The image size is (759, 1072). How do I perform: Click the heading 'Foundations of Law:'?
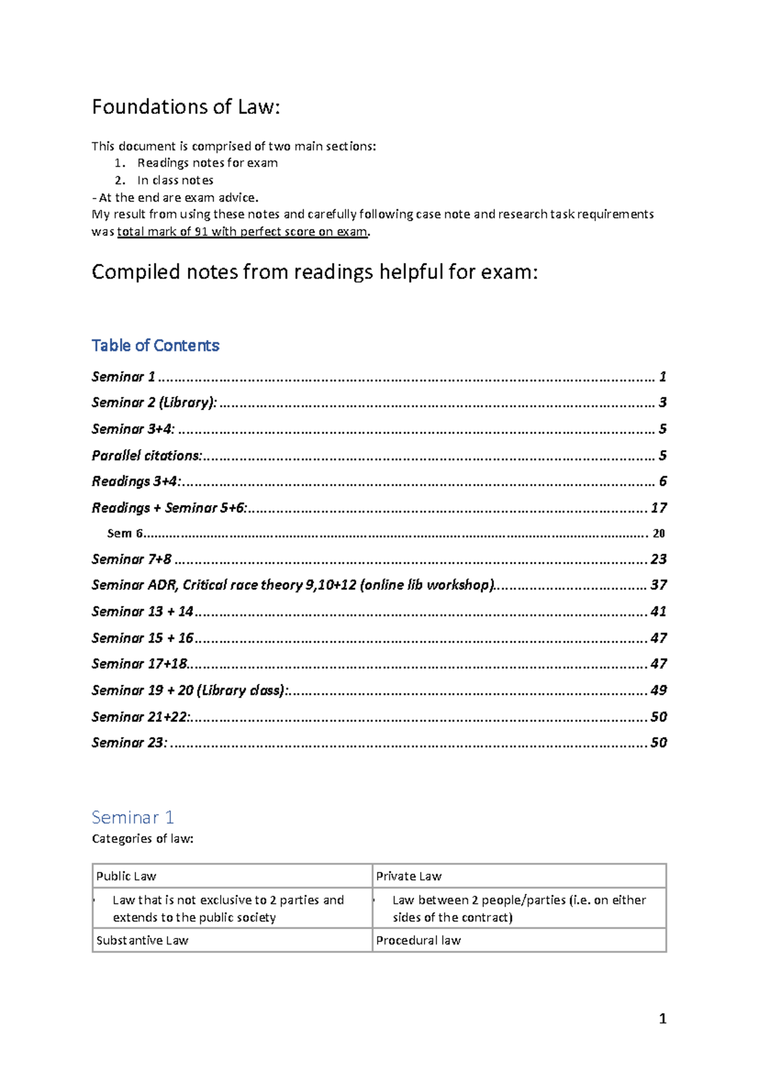click(185, 107)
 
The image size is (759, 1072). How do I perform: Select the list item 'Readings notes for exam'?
click(207, 163)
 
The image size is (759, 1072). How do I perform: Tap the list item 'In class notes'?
click(175, 180)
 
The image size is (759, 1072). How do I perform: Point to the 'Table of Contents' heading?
click(155, 346)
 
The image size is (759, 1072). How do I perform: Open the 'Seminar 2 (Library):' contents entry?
click(154, 403)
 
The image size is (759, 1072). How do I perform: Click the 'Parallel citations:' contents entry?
click(147, 456)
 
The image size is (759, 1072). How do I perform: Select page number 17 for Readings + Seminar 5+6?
click(658, 508)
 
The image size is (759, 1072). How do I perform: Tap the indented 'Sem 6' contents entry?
click(125, 533)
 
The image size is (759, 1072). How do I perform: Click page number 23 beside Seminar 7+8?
click(658, 559)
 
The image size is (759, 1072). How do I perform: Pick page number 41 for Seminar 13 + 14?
click(658, 612)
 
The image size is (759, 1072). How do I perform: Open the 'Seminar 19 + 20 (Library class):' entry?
click(190, 690)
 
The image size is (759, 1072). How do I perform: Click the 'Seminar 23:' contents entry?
click(130, 743)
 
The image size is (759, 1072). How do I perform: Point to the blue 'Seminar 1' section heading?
click(133, 817)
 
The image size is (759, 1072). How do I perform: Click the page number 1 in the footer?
click(662, 1019)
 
